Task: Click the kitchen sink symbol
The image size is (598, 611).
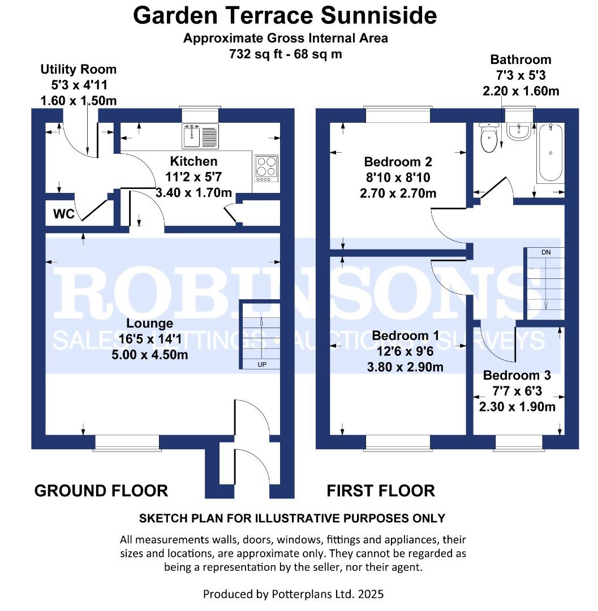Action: pos(200,136)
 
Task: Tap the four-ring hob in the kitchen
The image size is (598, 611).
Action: pos(266,169)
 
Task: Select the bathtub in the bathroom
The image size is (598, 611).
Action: pos(550,153)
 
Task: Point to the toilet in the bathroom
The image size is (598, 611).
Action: pos(489,137)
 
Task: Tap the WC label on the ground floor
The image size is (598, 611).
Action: pos(64,213)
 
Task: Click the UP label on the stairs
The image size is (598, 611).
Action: pos(262,365)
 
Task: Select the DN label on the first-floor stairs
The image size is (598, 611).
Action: pos(546,252)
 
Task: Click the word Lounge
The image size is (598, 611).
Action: pos(149,324)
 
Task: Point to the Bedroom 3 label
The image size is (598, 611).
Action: pos(517,375)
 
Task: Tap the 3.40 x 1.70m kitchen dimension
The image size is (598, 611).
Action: pos(193,192)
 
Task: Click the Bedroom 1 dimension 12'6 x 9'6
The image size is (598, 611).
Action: pos(405,351)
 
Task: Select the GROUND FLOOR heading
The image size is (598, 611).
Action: pos(101,490)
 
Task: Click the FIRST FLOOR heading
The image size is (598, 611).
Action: pos(381,490)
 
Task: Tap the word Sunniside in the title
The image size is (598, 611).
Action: pos(378,16)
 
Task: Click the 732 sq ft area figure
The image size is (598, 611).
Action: pos(256,54)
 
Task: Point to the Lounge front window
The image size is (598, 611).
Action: pos(127,443)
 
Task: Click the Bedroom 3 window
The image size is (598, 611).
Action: pos(519,443)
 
